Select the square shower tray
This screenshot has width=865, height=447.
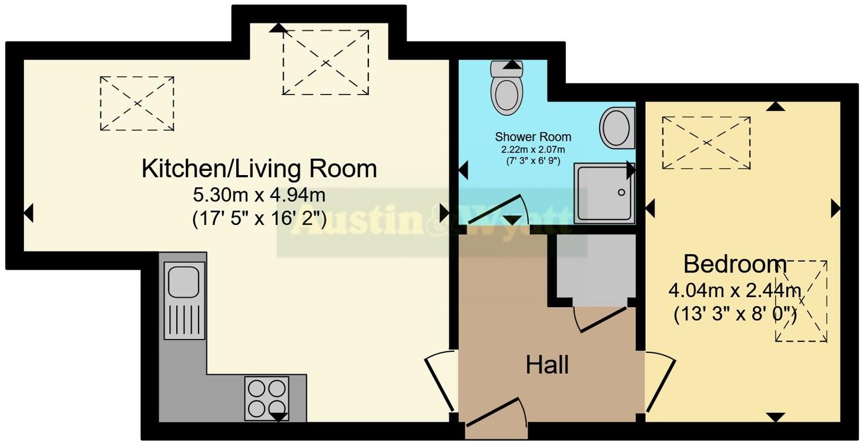pyautogui.click(x=604, y=193)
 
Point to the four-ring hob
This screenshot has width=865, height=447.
pyautogui.click(x=267, y=398)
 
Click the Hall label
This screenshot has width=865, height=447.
pyautogui.click(x=547, y=365)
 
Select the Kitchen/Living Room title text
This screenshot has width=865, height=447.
pyautogui.click(x=259, y=169)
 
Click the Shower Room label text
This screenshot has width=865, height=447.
pyautogui.click(x=533, y=137)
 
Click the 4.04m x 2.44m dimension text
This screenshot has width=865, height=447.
pyautogui.click(x=735, y=290)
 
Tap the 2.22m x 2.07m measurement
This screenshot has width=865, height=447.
pyautogui.click(x=533, y=150)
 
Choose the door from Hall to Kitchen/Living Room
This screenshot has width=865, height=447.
pyautogui.click(x=440, y=382)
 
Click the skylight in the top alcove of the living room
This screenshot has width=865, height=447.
pyautogui.click(x=326, y=62)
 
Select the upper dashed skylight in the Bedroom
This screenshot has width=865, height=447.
pyautogui.click(x=706, y=143)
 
